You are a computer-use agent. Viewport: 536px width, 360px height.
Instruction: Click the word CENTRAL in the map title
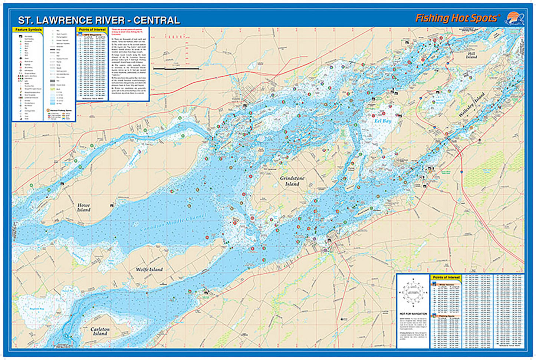click(157, 20)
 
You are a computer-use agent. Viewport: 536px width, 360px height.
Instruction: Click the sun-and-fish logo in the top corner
click(514, 19)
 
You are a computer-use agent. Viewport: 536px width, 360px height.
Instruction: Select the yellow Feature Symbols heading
click(28, 30)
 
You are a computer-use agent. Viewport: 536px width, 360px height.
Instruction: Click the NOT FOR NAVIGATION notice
click(413, 314)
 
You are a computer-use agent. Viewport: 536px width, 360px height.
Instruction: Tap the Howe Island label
click(84, 207)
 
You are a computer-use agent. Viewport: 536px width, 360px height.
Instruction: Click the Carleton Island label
click(100, 331)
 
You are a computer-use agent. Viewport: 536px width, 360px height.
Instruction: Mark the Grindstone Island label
click(292, 181)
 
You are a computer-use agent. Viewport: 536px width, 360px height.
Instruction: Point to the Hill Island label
click(471, 55)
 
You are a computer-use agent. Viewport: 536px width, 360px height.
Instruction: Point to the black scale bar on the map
click(177, 69)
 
